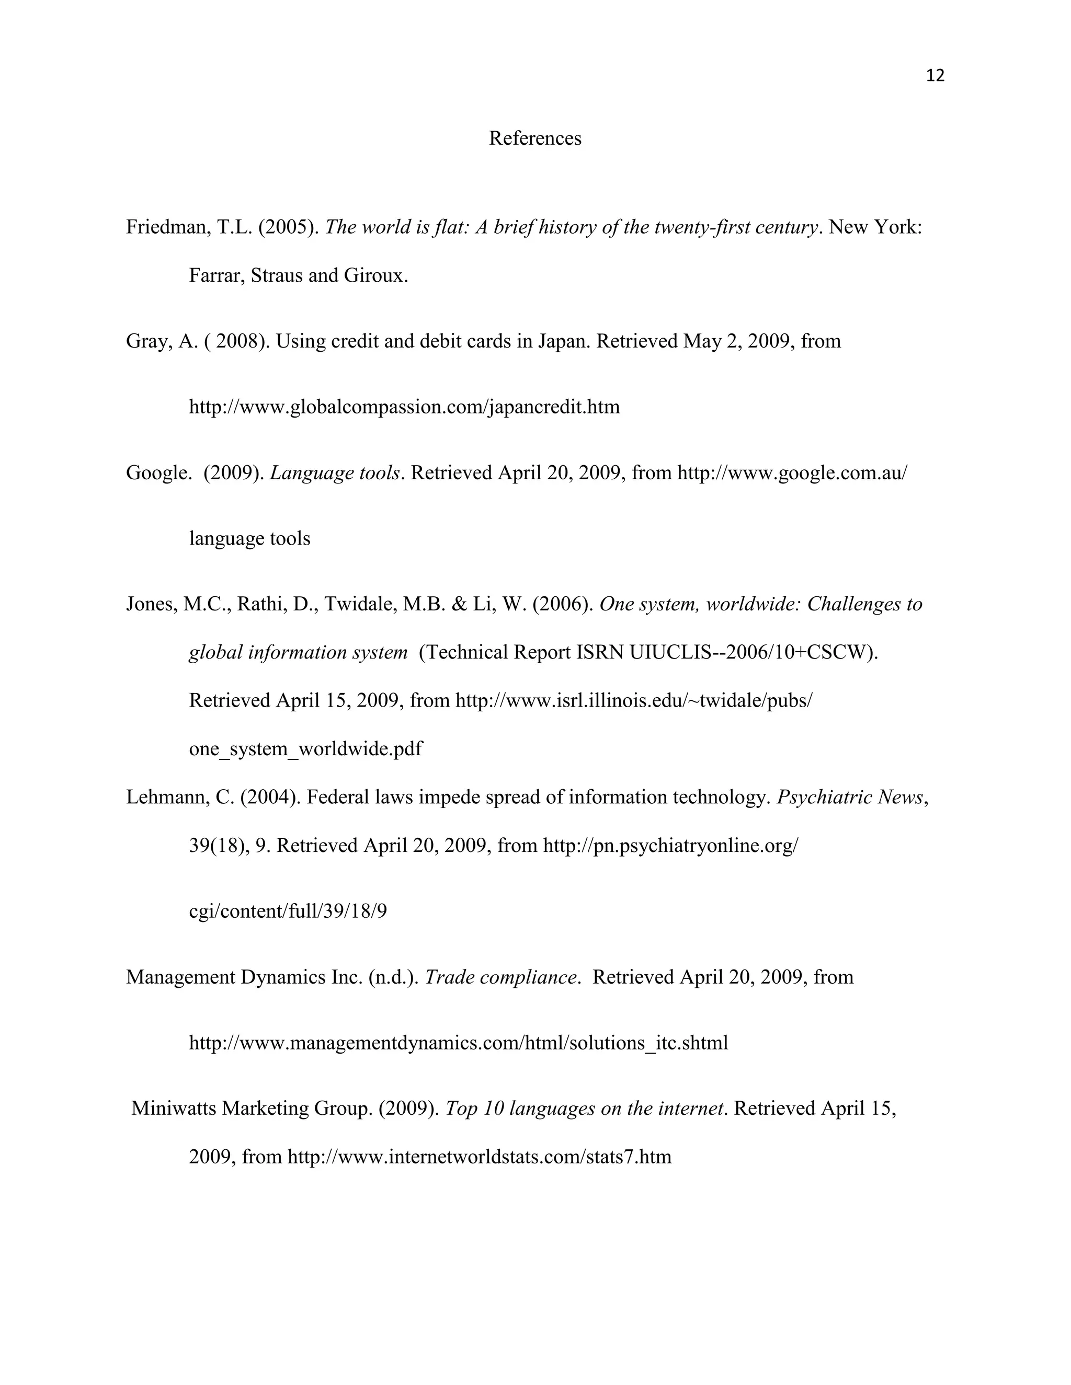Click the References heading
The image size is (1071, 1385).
click(x=535, y=138)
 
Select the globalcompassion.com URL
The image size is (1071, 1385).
click(x=404, y=407)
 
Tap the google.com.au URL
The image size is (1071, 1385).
click(x=792, y=472)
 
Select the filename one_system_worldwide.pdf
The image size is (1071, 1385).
click(x=305, y=749)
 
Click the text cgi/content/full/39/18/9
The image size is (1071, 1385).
click(x=288, y=911)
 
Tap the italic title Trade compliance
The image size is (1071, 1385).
click(x=500, y=977)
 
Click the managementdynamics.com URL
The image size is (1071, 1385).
click(x=458, y=1043)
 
